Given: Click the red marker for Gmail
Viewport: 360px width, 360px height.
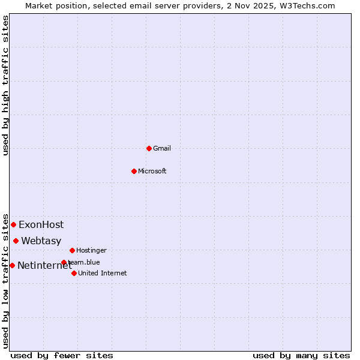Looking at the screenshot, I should click(149, 148).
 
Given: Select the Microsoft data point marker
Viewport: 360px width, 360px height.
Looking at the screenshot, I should click(134, 171).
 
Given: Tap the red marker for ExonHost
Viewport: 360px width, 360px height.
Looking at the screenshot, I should click(13, 224).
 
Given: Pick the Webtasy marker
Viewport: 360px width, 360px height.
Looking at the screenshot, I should click(16, 241).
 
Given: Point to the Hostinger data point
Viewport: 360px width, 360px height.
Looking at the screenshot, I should click(72, 250).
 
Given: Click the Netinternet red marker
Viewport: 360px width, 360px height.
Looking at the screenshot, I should click(12, 265).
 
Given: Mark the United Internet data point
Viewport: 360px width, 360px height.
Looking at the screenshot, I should click(74, 273).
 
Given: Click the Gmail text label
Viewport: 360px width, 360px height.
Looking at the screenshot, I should click(162, 148).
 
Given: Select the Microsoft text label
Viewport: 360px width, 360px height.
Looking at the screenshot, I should click(152, 171).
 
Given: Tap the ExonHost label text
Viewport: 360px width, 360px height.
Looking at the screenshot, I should click(41, 225).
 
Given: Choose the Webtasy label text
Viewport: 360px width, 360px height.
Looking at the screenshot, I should click(41, 241).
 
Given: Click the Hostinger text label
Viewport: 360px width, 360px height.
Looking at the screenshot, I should click(91, 250).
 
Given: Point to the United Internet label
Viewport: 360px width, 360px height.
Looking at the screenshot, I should click(103, 273).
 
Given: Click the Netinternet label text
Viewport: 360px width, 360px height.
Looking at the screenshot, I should click(44, 266).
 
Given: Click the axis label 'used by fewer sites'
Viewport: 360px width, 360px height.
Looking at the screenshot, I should click(62, 355).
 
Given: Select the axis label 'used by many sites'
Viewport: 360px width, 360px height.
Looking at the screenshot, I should click(301, 355).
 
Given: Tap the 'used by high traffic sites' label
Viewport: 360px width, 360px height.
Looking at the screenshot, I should click(5, 85).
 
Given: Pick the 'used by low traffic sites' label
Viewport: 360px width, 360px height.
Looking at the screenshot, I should click(5, 281).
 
